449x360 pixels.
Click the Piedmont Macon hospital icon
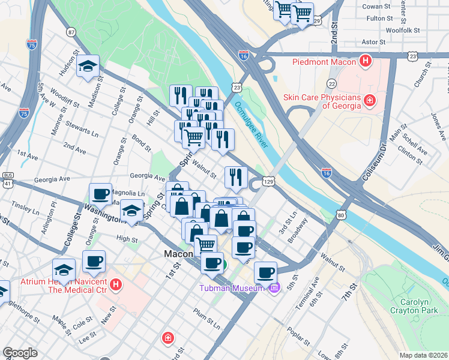coord(364,61)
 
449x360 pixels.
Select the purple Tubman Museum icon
coord(274,289)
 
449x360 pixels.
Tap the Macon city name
coord(178,254)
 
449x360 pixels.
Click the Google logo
coord(20,353)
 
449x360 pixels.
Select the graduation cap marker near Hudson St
coord(88,67)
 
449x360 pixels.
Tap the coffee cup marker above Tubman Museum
coord(265,272)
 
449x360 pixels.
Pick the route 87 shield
coord(71,32)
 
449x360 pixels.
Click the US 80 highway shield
coord(340,214)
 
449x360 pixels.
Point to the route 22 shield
coord(331,83)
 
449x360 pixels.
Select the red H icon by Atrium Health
coord(116,283)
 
